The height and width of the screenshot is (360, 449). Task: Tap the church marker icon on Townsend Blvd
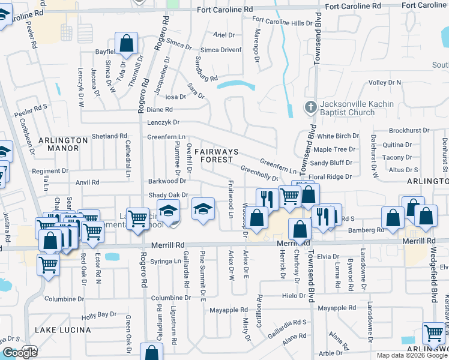310,108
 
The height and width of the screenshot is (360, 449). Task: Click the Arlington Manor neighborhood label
67,143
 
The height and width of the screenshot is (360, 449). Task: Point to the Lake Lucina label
63,330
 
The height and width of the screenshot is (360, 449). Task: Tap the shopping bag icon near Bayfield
126,44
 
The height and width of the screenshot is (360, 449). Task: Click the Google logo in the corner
19,353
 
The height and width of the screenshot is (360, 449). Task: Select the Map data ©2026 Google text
412,355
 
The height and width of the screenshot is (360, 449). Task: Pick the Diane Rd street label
160,110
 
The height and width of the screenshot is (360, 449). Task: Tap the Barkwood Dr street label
167,181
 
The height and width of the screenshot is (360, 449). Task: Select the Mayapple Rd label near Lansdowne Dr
333,308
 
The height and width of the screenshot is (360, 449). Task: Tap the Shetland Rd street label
110,136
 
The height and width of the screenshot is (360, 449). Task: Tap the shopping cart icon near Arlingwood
433,333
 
